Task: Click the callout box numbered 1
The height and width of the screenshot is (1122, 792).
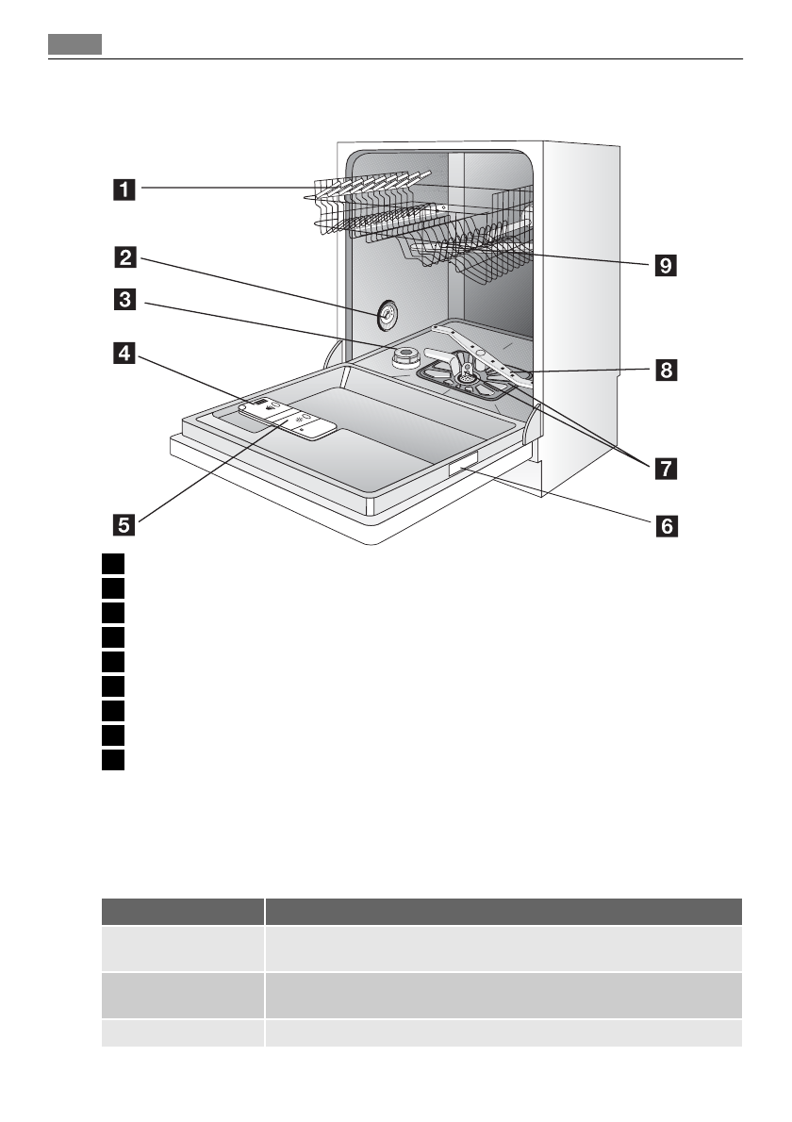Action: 124,190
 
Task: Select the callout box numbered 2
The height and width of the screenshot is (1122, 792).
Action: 124,256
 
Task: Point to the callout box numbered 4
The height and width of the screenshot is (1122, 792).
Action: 124,354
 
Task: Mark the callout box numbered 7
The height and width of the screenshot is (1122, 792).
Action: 667,468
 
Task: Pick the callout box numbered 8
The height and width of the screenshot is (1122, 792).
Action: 667,370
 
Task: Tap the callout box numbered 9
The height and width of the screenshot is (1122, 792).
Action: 667,266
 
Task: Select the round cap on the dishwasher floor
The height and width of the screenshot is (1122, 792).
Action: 406,357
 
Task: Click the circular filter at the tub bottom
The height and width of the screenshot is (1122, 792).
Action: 466,379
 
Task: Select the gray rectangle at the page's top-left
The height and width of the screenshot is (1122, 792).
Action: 74,45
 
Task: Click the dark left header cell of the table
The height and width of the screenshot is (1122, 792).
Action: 182,912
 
